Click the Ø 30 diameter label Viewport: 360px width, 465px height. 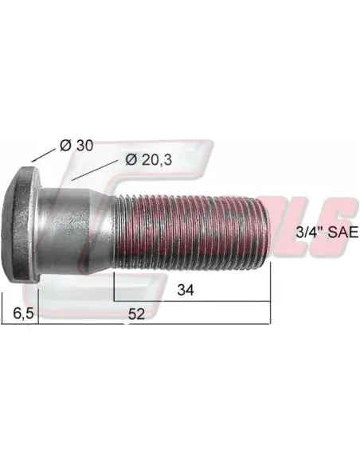[x=76, y=145]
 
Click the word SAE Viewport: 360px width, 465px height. [x=340, y=232]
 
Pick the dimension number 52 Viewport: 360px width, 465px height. [x=137, y=315]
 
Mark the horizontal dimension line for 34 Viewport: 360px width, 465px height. [x=223, y=301]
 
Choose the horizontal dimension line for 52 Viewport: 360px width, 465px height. [x=199, y=325]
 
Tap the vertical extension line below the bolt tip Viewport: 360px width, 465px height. [x=271, y=295]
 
